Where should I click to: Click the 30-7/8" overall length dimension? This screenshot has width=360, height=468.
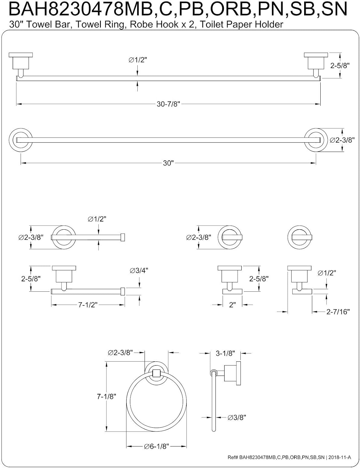[168, 104]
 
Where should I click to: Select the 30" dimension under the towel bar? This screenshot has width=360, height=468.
[168, 163]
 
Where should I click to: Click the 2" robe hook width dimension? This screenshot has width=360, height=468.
[232, 305]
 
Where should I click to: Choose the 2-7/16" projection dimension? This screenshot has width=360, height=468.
[338, 311]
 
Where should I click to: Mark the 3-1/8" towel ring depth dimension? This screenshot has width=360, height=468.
[225, 353]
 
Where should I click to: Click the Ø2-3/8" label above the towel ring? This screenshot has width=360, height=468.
[120, 353]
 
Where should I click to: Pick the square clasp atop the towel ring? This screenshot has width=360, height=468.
[156, 373]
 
